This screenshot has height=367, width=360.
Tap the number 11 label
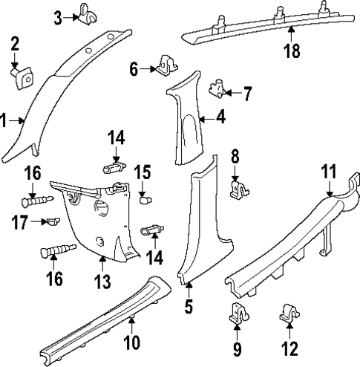coord(328,172)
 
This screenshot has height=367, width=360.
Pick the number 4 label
coord(220,117)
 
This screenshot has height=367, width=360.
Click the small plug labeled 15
coord(144,199)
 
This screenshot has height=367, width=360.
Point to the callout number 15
coord(142,173)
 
